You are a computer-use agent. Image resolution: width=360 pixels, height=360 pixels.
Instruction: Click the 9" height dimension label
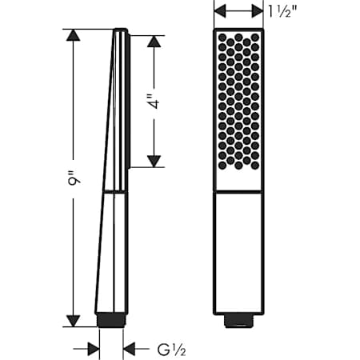click(73, 178)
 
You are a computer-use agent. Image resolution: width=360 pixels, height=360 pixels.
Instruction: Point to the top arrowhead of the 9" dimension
click(73, 34)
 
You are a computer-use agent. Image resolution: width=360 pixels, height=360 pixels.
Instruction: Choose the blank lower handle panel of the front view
click(238, 250)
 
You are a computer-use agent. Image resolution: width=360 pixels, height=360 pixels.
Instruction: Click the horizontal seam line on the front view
click(238, 192)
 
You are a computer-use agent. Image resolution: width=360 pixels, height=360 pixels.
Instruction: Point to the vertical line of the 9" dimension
click(73, 240)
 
